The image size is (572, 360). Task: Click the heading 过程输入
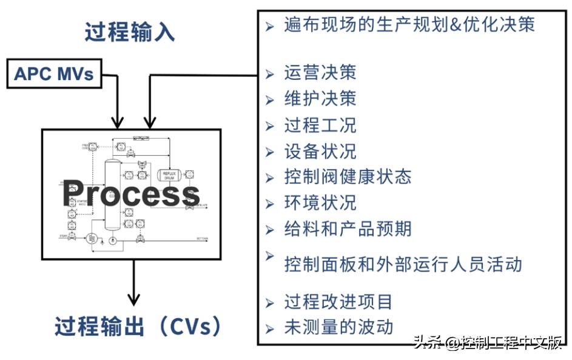(130, 32)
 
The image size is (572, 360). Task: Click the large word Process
(130, 194)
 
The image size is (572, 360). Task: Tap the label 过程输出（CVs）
(138, 327)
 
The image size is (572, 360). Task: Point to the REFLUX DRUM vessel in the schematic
(168, 175)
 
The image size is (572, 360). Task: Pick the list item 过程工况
(320, 125)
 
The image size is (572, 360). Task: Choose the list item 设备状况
(320, 151)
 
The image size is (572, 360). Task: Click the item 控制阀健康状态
(348, 176)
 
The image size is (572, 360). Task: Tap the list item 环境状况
(320, 202)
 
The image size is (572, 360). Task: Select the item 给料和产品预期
(348, 228)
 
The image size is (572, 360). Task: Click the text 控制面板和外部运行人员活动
(403, 264)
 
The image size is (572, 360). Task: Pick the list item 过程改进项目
(338, 301)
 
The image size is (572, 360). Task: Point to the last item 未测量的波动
(338, 327)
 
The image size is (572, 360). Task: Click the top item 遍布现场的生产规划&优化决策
(409, 25)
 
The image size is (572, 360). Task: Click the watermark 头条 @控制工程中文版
(488, 343)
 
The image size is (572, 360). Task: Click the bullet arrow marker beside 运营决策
(270, 74)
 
